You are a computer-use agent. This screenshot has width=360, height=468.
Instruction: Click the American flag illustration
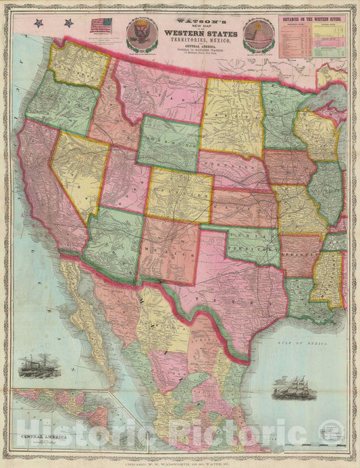click(x=101, y=26)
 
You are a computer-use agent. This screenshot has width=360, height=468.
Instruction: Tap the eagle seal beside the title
click(x=142, y=34)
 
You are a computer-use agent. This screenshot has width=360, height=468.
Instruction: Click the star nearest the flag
click(x=69, y=23)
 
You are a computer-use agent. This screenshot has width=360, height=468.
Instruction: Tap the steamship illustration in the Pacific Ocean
click(x=38, y=367)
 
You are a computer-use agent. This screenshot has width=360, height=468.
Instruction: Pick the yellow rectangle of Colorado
click(x=179, y=195)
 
